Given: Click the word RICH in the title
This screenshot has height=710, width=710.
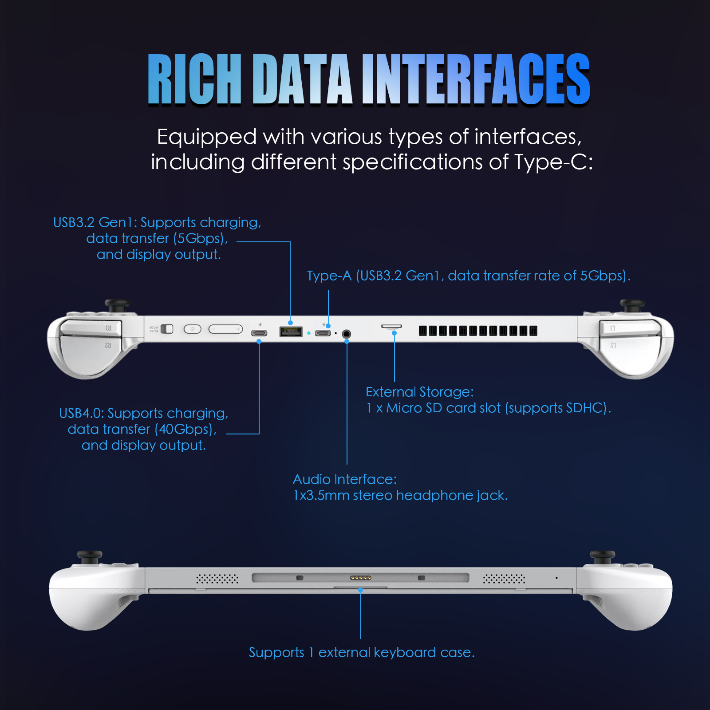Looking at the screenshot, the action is click(195, 79).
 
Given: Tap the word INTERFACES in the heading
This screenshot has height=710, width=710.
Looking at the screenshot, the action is click(476, 79).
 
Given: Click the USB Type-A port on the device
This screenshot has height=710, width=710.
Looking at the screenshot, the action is click(291, 331).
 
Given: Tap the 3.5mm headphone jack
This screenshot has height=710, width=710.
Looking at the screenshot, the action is click(347, 334).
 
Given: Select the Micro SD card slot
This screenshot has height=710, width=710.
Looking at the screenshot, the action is click(391, 327).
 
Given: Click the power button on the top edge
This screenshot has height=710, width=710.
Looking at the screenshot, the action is click(193, 329).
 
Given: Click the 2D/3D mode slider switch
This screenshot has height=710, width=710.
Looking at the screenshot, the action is click(167, 329).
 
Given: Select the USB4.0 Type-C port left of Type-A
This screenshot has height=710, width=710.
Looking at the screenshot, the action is click(259, 333).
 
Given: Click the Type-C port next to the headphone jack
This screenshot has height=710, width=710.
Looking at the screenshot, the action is click(323, 333).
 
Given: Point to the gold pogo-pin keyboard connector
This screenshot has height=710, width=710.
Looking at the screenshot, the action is click(361, 578).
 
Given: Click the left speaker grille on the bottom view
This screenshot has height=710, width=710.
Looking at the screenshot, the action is click(217, 579).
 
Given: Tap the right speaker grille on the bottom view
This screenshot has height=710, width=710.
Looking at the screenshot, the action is click(504, 579).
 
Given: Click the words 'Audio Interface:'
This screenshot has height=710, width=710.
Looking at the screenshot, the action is click(345, 479).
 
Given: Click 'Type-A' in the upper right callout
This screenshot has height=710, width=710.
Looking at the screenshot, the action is click(329, 276).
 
